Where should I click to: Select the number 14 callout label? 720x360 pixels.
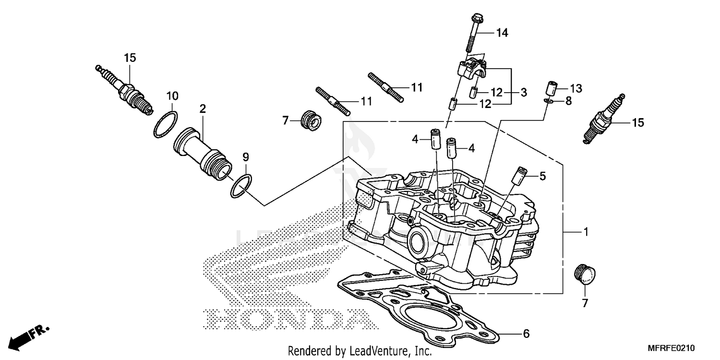[502, 33]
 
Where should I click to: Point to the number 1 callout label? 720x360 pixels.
[585, 232]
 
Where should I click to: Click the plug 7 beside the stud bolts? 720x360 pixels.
[310, 120]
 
